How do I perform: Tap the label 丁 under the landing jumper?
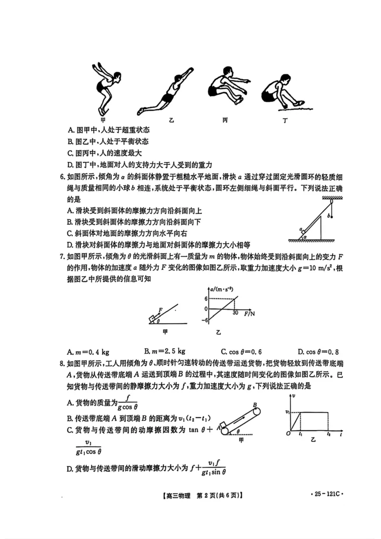coord(285,121)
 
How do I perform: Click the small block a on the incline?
coord(302,231)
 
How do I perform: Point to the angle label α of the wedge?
coord(306,236)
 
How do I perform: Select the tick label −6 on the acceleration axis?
coord(205,320)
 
